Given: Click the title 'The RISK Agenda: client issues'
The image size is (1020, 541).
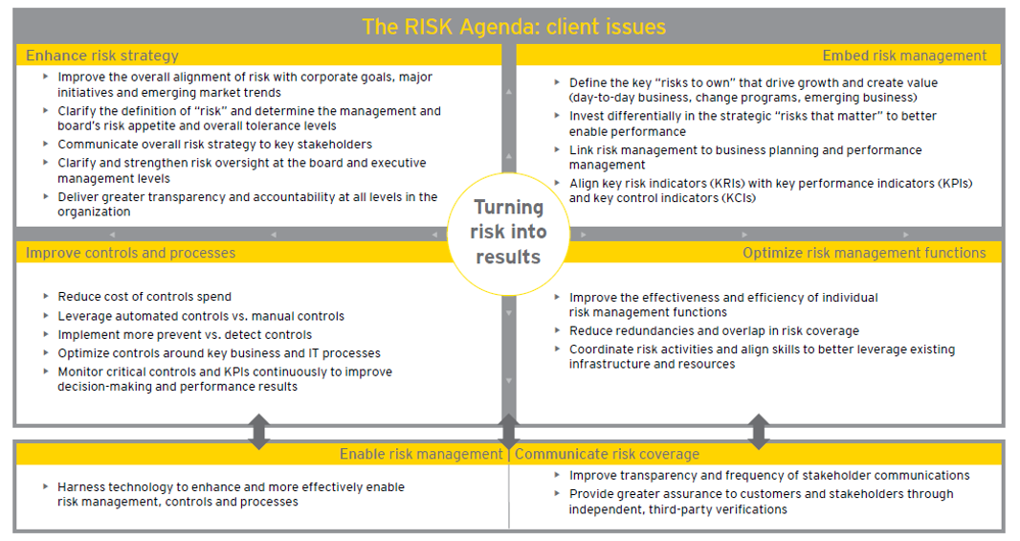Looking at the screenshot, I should [x=513, y=26].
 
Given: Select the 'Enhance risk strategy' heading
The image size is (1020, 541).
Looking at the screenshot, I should [x=102, y=56].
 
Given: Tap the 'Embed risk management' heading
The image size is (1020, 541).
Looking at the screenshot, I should [x=904, y=56].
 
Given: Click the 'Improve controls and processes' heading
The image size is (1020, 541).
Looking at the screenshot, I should [x=130, y=253].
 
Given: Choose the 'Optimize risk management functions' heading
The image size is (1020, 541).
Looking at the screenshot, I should [x=864, y=253].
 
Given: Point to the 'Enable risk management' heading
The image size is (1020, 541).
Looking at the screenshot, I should [x=421, y=454].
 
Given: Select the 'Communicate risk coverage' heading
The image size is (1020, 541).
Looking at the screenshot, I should [x=607, y=454].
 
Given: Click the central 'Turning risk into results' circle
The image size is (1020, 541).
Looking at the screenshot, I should [x=508, y=232].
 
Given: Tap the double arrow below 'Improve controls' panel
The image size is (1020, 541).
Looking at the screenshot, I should [x=258, y=432].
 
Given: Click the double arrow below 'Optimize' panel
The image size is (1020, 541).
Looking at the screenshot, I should [x=759, y=432].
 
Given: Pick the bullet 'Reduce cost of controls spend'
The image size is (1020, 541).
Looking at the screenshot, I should [x=144, y=297].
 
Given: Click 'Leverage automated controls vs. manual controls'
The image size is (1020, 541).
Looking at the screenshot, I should [x=201, y=316].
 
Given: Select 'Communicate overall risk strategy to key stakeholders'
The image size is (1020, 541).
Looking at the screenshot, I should [x=214, y=145].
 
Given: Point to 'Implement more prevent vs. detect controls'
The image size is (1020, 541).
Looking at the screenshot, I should [x=185, y=335].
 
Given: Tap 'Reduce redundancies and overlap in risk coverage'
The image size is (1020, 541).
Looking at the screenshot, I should [x=714, y=331].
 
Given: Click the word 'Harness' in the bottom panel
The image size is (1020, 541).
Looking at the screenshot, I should [x=82, y=487].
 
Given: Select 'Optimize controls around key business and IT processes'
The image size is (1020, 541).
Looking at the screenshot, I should [x=219, y=353].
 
